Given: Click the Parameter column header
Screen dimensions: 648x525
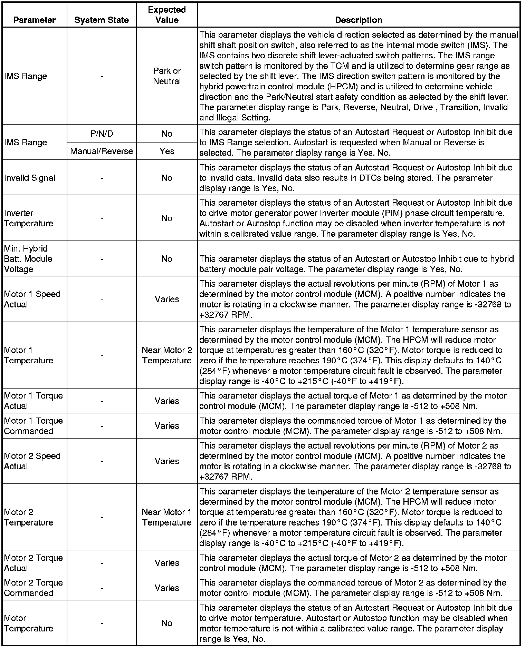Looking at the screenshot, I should tap(34, 20).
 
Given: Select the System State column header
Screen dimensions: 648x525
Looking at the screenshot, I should tap(102, 20).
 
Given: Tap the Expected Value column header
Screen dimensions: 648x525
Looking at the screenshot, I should tap(167, 15).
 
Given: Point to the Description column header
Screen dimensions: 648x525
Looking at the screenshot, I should tap(359, 20).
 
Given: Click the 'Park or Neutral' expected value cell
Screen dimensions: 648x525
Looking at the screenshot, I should tap(167, 76).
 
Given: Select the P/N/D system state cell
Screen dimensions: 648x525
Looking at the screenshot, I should tap(102, 134).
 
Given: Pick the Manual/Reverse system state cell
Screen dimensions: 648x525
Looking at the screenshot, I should tap(102, 151).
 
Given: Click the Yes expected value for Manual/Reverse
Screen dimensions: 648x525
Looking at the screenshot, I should tap(167, 151).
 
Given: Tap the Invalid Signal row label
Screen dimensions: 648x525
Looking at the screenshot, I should tap(30, 178).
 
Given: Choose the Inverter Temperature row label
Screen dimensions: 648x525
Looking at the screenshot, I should tap(29, 218).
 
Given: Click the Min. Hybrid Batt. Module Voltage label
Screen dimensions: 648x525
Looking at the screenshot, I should tap(28, 259).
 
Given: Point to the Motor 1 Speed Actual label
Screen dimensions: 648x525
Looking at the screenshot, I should tap(32, 299).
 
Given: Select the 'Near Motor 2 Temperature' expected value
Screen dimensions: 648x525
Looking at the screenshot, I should tap(167, 355).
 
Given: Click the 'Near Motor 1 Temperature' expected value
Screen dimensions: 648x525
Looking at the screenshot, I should tap(167, 517).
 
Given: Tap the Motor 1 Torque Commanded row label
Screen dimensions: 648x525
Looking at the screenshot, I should tap(34, 426).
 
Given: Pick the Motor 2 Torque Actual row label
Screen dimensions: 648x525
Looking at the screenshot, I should tap(34, 563).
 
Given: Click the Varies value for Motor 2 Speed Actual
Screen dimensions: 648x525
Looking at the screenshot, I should tap(167, 461).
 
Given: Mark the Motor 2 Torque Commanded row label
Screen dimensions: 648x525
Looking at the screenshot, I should tap(34, 588).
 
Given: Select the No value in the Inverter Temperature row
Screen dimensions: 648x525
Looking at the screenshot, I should tap(167, 218).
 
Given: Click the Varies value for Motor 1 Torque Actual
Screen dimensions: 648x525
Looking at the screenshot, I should tap(167, 401).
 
